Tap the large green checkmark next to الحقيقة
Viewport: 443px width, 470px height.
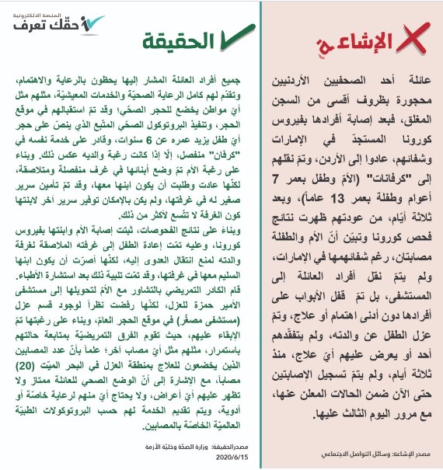(231, 38)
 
